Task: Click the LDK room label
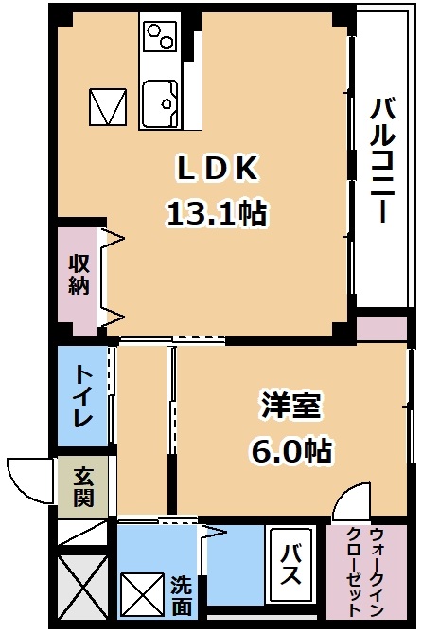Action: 218,168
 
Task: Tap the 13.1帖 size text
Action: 217,213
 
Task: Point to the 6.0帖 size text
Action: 291,450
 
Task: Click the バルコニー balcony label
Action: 382,161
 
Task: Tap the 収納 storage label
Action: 79,275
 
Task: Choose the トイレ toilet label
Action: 83,396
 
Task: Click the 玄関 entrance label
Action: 83,487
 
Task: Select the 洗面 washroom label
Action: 181,596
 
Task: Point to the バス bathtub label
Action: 291,564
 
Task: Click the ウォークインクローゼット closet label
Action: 365,571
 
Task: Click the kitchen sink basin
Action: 160,103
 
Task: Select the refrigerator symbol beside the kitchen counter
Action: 108,106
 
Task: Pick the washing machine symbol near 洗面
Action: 143,593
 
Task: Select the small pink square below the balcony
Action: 381,328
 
